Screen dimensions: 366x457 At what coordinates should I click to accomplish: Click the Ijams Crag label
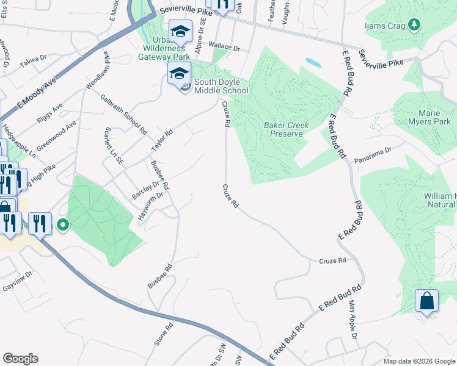coord(390,24)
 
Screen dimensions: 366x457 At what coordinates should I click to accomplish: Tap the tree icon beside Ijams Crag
coord(415,24)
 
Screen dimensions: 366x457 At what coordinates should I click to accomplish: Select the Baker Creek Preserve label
coord(287,129)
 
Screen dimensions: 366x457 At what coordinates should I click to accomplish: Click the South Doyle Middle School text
coord(221,87)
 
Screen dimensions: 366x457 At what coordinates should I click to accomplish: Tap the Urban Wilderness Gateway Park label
coord(164,48)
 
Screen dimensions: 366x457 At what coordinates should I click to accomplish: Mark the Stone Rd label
coord(165,332)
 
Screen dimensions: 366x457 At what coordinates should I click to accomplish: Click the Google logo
coord(20,359)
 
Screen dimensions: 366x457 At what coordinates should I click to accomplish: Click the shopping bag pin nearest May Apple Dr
coord(426,301)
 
